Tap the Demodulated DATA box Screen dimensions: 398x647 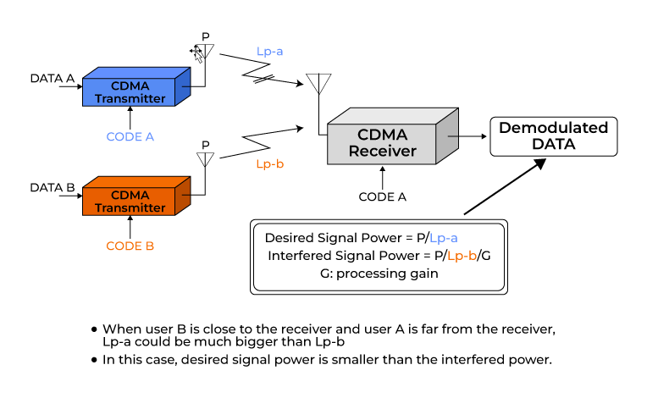(553, 136)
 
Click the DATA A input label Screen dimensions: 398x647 (53, 79)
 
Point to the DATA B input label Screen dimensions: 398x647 (53, 187)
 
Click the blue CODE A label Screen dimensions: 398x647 (130, 136)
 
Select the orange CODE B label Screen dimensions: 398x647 (130, 246)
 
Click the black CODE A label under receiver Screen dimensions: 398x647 (383, 196)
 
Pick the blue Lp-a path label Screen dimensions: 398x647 (270, 52)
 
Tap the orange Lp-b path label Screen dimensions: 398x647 (269, 164)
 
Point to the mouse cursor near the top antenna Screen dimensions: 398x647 (196, 53)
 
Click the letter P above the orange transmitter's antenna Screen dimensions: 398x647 (205, 145)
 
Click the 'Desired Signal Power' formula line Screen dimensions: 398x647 (367, 238)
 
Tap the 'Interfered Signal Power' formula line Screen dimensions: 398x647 (378, 256)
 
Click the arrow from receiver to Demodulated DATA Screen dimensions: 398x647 (467, 134)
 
